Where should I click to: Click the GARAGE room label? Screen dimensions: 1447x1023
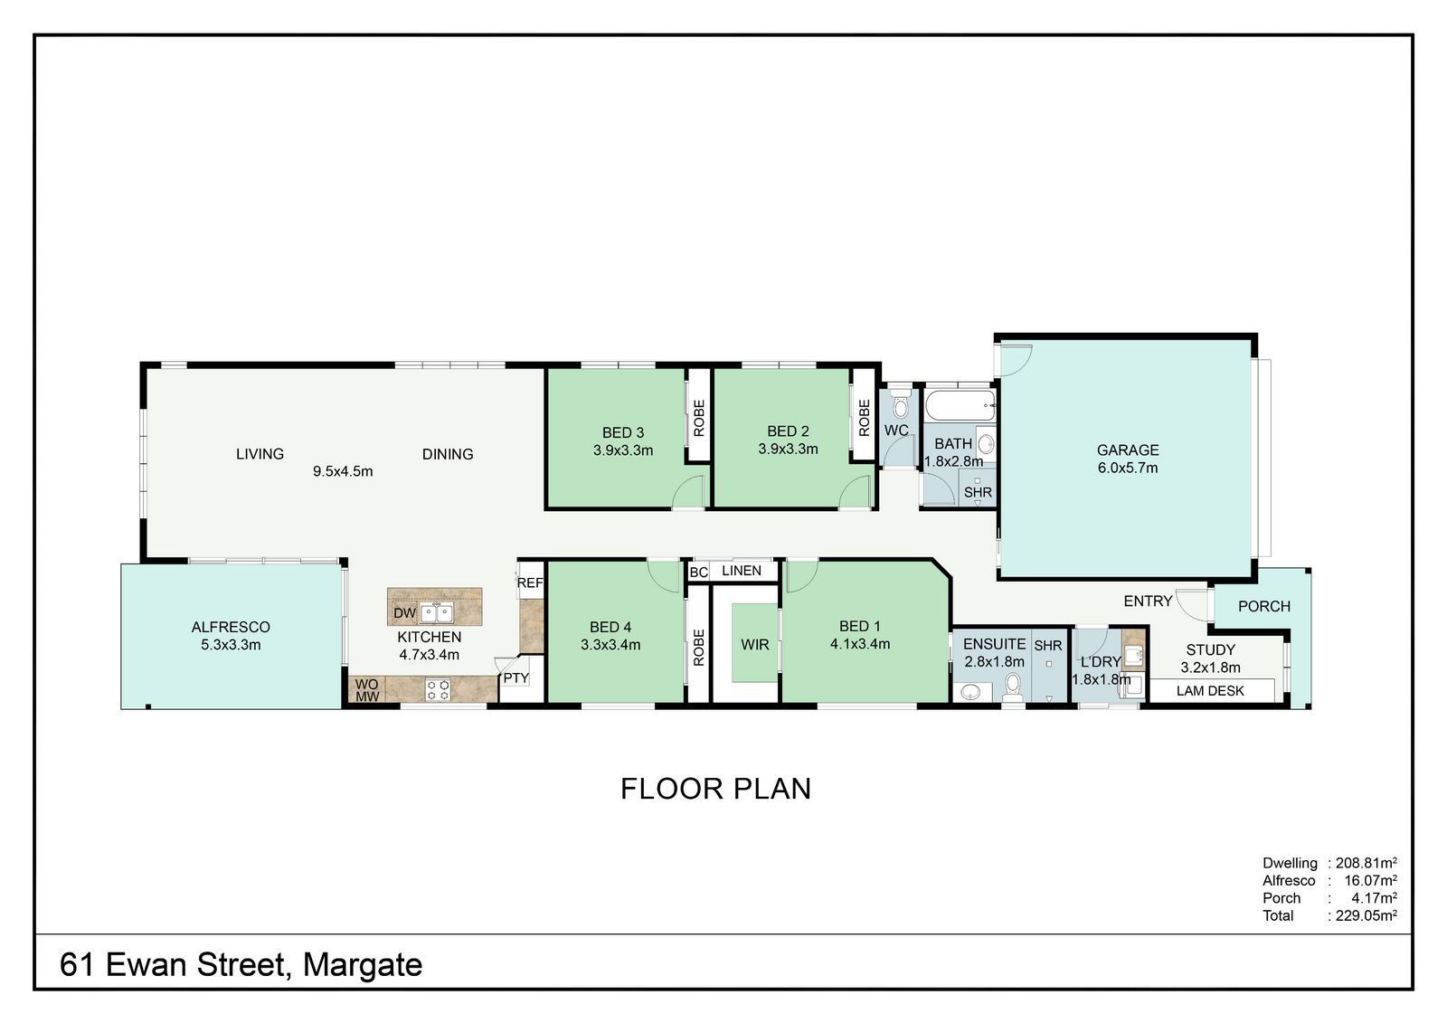coord(1127,450)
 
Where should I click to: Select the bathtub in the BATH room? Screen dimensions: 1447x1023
coord(960,406)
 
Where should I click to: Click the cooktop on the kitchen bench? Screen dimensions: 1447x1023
coord(438,689)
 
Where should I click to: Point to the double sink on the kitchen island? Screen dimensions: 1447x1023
coord(437,612)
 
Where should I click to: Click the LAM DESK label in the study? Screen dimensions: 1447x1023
coord(1210,691)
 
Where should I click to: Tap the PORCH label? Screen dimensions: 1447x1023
coord(1264,606)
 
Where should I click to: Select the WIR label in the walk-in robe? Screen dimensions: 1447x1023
coord(754,644)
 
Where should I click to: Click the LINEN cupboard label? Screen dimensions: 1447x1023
coord(741,571)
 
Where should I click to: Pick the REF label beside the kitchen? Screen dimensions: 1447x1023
coord(530,583)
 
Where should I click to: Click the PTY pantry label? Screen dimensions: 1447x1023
coord(516,677)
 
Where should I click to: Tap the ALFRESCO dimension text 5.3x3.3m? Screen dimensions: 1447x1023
coord(231,644)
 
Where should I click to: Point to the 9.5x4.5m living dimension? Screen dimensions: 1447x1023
coord(343,471)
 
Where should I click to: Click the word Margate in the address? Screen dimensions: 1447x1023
coord(363,965)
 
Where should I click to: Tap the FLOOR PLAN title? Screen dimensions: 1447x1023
coord(715,789)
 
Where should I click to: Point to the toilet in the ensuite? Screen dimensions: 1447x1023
coord(1012,687)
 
